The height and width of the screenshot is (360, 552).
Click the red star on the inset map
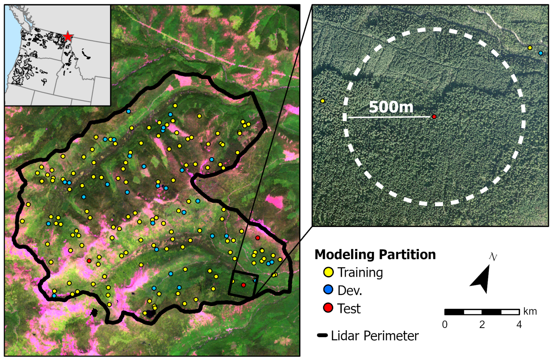pyautogui.click(x=68, y=36)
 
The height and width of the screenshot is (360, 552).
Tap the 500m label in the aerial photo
pyautogui.click(x=391, y=107)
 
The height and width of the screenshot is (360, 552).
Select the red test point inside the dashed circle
pyautogui.click(x=434, y=117)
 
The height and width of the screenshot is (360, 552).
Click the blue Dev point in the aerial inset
pyautogui.click(x=541, y=53)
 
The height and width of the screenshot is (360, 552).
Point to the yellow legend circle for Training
pyautogui.click(x=328, y=272)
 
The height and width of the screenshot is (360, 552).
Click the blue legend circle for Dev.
pyautogui.click(x=328, y=290)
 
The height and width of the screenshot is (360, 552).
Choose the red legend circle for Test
pyautogui.click(x=328, y=308)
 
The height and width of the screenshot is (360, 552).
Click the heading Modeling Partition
pyautogui.click(x=375, y=254)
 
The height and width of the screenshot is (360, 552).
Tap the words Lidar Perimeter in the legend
pyautogui.click(x=375, y=336)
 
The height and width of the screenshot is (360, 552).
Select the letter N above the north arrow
pyautogui.click(x=493, y=257)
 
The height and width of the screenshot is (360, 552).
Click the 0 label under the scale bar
pyautogui.click(x=445, y=325)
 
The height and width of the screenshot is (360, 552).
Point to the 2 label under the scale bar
pyautogui.click(x=482, y=325)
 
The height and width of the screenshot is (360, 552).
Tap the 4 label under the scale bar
pyautogui.click(x=519, y=325)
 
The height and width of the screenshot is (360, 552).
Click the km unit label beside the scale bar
pyautogui.click(x=530, y=311)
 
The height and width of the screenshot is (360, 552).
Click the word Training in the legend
pyautogui.click(x=360, y=273)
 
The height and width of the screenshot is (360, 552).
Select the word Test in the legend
pyautogui.click(x=349, y=309)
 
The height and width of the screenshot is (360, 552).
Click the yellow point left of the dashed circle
pyautogui.click(x=322, y=101)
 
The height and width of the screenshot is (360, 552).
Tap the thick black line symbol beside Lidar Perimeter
pyautogui.click(x=322, y=335)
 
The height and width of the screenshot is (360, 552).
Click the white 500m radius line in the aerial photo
pyautogui.click(x=389, y=117)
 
